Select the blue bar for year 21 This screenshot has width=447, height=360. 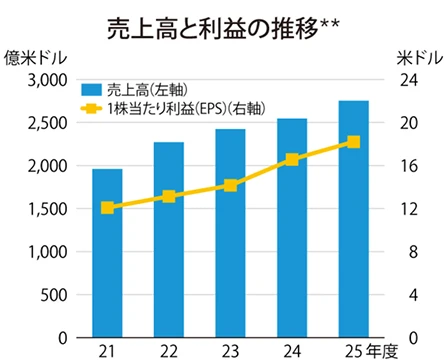coord(107,254)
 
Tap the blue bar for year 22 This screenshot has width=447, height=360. coord(169,240)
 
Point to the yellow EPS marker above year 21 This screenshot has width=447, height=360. coord(107,208)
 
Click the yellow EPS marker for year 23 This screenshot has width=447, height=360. coord(230,185)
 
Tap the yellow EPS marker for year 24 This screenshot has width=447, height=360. coord(292,160)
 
